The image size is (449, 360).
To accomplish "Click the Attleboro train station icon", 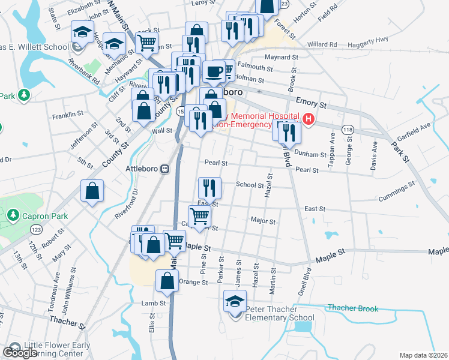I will (x=164, y=169).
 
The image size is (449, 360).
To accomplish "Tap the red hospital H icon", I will (x=309, y=119).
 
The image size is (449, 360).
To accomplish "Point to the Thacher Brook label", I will (x=353, y=308).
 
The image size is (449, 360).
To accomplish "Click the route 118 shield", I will (x=348, y=130).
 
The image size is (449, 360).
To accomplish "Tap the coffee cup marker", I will (x=214, y=72).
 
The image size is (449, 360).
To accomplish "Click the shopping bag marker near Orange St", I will (x=167, y=281).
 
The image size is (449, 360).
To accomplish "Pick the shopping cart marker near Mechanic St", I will (x=146, y=43).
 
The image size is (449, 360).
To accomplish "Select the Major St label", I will (x=263, y=221).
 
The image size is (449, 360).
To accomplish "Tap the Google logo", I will (x=20, y=353).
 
